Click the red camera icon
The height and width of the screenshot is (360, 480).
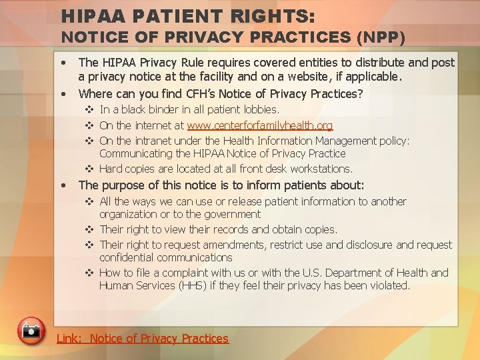tap(31, 331)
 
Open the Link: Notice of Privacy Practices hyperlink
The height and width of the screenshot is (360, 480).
tap(142, 339)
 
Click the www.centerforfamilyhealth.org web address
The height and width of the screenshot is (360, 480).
tap(260, 126)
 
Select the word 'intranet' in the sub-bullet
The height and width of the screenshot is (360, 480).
tap(153, 141)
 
